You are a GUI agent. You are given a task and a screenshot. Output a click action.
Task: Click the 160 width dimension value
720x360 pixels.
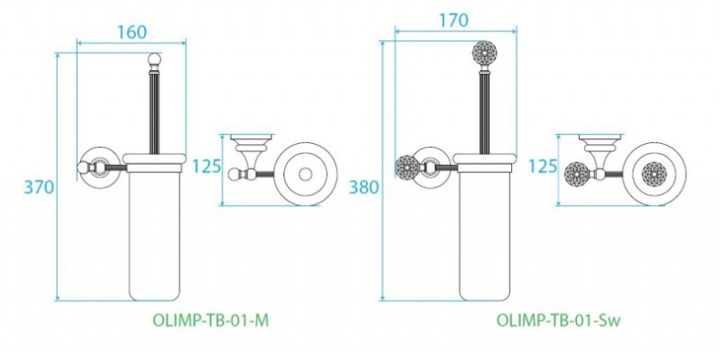click(x=131, y=30)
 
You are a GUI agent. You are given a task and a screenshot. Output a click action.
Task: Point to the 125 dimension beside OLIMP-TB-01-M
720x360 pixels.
click(x=208, y=166)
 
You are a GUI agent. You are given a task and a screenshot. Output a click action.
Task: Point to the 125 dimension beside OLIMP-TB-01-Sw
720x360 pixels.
click(x=543, y=166)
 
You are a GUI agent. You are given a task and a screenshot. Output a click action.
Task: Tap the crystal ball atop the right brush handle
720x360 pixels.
click(x=482, y=54)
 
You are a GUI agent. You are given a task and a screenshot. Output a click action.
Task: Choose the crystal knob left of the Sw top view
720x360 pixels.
click(x=576, y=172)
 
